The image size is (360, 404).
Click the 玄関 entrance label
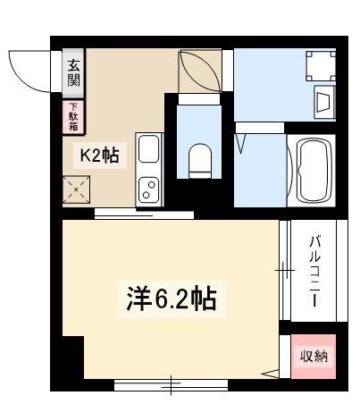[73, 73]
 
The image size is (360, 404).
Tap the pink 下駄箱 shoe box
[73, 117]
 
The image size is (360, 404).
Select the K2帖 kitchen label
[100, 156]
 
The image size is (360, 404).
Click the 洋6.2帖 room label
[172, 299]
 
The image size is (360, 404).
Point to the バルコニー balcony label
[314, 271]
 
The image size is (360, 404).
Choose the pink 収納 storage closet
[314, 357]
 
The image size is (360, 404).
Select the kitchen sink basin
[148, 149]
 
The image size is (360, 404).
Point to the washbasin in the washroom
[324, 102]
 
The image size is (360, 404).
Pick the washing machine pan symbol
[321, 66]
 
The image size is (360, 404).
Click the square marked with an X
[76, 189]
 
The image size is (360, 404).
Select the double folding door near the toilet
[200, 71]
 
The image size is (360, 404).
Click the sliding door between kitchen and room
[144, 215]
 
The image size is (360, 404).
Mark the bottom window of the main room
[171, 385]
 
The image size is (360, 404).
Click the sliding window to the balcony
[285, 270]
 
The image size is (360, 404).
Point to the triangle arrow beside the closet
[270, 374]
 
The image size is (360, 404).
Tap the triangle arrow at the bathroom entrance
[240, 144]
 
